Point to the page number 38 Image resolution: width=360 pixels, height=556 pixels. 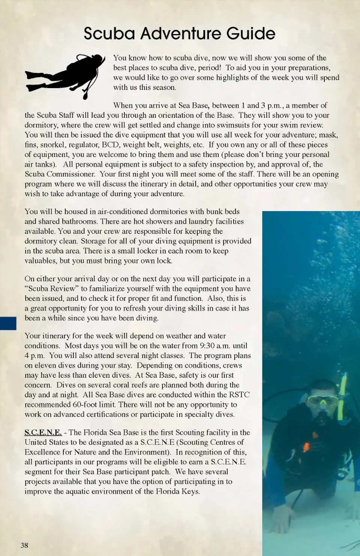coord(24,545)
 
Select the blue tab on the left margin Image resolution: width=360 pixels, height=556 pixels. coord(8,323)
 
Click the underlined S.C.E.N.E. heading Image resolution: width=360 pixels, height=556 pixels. coord(43,432)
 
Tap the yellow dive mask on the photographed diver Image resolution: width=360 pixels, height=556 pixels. coord(322,401)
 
